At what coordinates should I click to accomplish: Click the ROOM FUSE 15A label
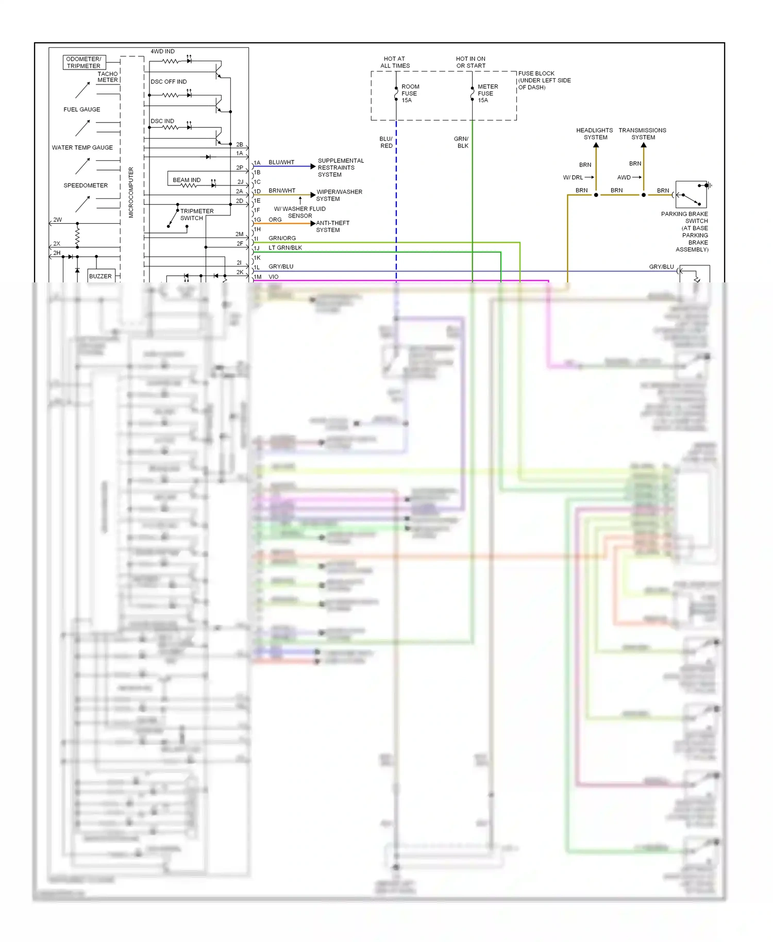click(410, 93)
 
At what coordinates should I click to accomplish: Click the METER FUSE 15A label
click(487, 93)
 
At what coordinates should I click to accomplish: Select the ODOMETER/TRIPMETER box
click(84, 62)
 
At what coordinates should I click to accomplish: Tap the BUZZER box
click(100, 276)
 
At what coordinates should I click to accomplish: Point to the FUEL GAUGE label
click(82, 109)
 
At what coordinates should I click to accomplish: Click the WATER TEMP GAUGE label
click(82, 147)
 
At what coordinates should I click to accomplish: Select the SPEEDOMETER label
click(86, 186)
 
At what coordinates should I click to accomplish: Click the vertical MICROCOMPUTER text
click(131, 192)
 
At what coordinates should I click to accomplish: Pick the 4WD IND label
click(162, 52)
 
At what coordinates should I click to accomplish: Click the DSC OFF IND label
click(169, 81)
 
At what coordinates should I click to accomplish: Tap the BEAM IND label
click(187, 180)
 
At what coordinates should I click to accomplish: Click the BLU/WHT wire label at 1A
click(281, 162)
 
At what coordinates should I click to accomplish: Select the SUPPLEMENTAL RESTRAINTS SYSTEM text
click(340, 167)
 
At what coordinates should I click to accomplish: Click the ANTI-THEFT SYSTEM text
click(332, 226)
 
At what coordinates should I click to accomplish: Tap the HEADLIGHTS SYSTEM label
click(595, 133)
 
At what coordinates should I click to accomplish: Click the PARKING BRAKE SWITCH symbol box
click(691, 194)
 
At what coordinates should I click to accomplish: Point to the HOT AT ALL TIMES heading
click(395, 62)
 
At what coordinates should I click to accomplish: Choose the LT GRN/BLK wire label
click(285, 248)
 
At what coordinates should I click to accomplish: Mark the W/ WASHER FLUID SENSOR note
click(299, 212)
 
